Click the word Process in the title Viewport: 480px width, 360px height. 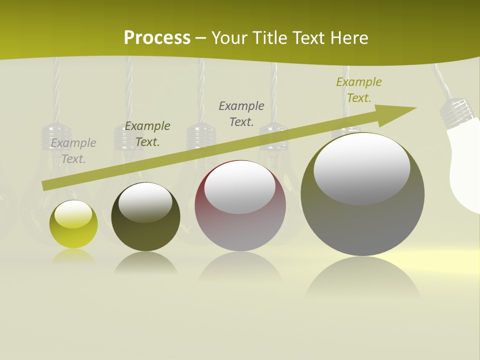[x=157, y=38]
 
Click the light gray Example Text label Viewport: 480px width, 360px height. [x=73, y=151]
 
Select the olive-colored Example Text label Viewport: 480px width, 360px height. [x=359, y=90]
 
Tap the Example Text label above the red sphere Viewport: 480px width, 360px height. [x=241, y=113]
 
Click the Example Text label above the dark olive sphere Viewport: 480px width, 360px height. [x=147, y=134]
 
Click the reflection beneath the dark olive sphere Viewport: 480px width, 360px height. [x=145, y=262]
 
